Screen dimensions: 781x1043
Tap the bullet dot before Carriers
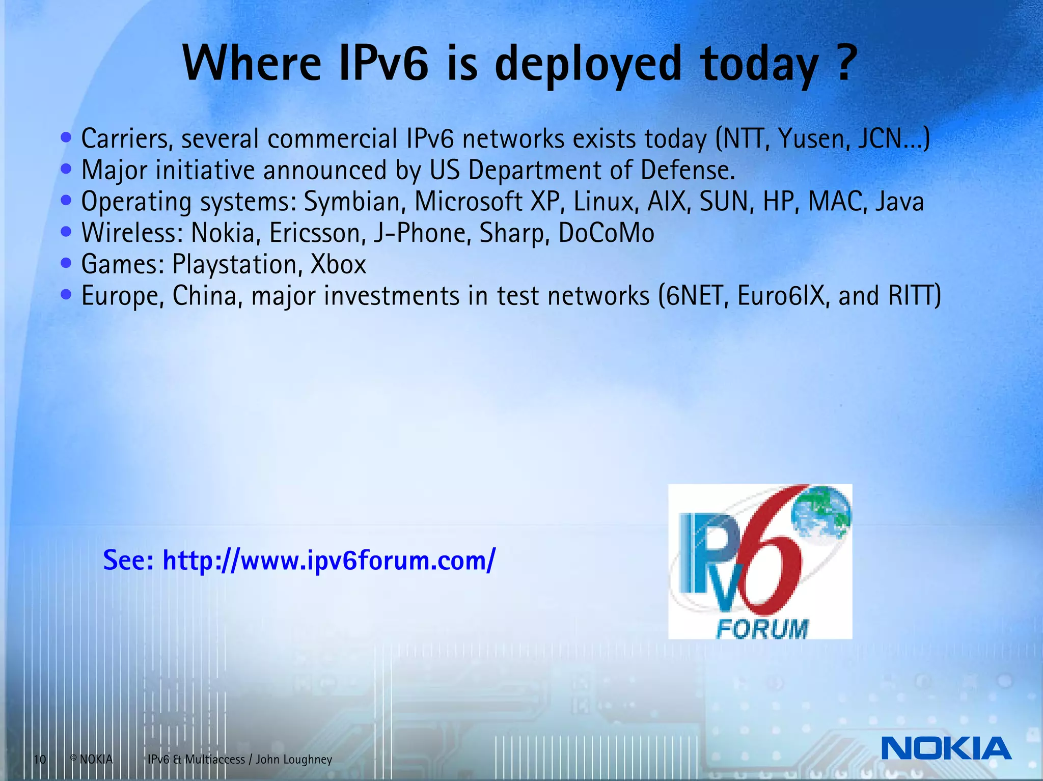point(66,137)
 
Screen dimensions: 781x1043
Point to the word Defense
point(687,170)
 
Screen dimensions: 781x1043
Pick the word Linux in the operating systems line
point(606,202)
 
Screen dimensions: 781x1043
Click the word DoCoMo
point(606,233)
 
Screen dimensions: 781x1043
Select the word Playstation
point(235,265)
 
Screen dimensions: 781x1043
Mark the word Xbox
point(338,265)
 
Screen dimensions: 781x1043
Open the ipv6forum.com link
point(328,560)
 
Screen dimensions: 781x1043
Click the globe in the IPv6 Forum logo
point(821,513)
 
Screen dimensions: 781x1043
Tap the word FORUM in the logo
point(762,629)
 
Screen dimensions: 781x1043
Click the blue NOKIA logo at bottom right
point(946,748)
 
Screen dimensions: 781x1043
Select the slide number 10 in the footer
point(40,760)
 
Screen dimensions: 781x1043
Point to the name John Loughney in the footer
point(294,760)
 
